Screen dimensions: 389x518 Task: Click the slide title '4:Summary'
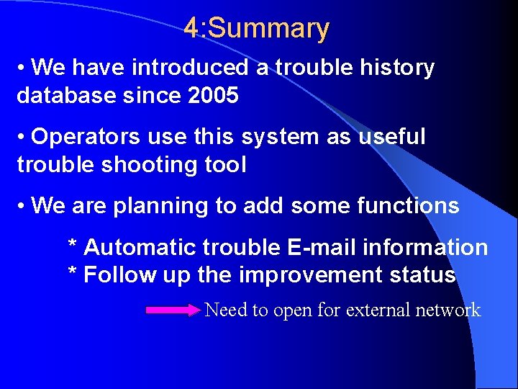click(256, 29)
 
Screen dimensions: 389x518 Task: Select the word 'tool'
click(224, 164)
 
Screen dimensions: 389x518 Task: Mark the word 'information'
click(425, 248)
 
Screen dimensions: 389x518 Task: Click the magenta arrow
click(173, 310)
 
